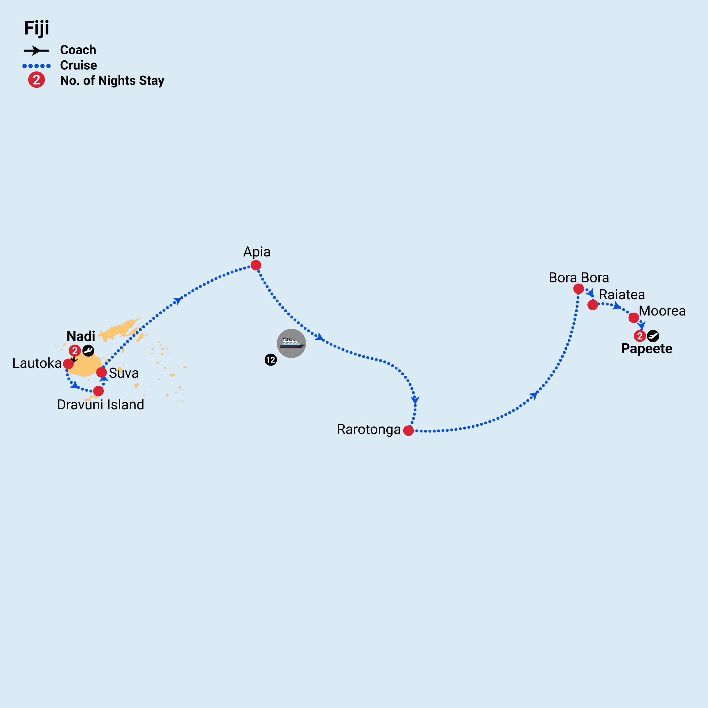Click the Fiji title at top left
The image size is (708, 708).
tap(36, 28)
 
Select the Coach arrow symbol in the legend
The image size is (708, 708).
tap(36, 51)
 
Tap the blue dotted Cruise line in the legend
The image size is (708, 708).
tap(36, 66)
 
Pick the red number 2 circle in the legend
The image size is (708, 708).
tap(36, 80)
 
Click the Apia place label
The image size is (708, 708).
tap(257, 252)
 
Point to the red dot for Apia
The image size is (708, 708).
tap(256, 265)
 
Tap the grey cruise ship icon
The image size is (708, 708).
tap(291, 343)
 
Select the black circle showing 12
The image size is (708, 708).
tap(270, 360)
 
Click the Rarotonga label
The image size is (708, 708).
tap(369, 429)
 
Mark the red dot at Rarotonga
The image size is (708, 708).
tap(408, 431)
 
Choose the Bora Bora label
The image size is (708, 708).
tap(579, 278)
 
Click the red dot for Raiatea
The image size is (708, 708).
tap(593, 304)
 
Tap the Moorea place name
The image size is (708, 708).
tap(662, 311)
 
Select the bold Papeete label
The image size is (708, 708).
tap(646, 349)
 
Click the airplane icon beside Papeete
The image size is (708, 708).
tap(653, 336)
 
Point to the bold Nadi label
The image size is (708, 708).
tap(81, 336)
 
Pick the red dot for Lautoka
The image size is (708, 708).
tap(68, 363)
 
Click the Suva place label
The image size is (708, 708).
tap(123, 373)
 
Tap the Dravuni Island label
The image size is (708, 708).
tap(101, 405)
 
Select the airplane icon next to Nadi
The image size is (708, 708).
tap(88, 350)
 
